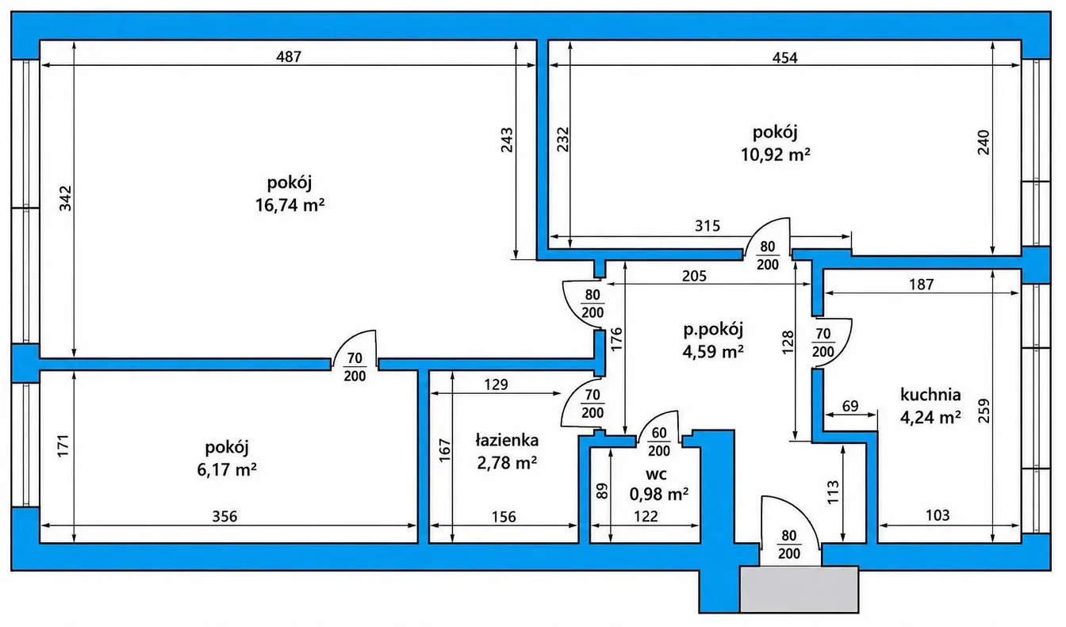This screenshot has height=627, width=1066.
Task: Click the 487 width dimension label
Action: click(289, 56)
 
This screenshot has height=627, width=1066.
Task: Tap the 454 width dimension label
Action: click(784, 58)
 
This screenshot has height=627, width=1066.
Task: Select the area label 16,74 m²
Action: click(290, 205)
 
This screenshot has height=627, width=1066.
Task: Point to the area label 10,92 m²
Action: click(775, 155)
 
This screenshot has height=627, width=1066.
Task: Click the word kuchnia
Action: click(930, 395)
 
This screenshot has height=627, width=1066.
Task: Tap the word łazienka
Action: click(507, 440)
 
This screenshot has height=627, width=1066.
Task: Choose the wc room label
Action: click(656, 474)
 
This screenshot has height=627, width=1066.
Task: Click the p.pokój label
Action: click(713, 329)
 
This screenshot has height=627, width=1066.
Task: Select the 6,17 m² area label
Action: click(227, 469)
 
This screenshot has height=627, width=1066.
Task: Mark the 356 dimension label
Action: click(224, 516)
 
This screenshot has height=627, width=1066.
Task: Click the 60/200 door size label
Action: click(659, 442)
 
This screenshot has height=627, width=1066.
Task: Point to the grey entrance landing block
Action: click(799, 589)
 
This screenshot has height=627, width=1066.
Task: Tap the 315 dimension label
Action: click(707, 225)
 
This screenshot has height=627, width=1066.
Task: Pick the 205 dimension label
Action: click(694, 276)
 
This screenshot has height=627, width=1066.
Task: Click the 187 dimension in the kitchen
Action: click(922, 284)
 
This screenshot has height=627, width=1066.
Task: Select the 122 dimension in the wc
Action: click(646, 516)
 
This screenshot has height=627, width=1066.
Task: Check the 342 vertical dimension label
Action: click(65, 198)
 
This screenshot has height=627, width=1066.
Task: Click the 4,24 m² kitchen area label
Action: click(930, 417)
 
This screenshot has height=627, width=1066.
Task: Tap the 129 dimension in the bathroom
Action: click(496, 384)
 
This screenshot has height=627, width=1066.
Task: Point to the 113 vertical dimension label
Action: click(833, 492)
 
